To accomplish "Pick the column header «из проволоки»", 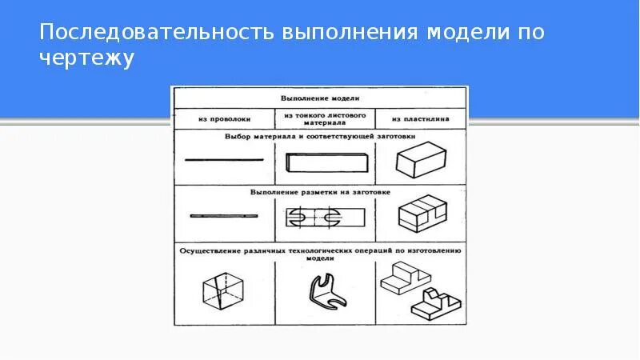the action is [224, 119].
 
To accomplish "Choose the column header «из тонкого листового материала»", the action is [324, 119].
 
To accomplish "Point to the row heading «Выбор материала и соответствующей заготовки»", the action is [321, 138].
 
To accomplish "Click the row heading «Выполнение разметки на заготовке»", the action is [321, 193].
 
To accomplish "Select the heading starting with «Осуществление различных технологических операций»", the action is [321, 250].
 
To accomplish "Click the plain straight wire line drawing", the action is [224, 160].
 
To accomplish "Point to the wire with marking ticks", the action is [224, 216].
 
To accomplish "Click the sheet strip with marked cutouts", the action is [320, 217].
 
